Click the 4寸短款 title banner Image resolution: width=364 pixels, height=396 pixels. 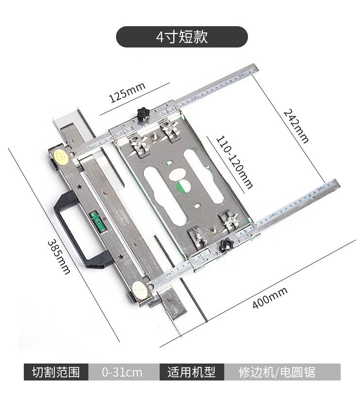[182, 37]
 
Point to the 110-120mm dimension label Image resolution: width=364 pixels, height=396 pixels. [235, 162]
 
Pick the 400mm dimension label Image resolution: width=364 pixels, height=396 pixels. [270, 298]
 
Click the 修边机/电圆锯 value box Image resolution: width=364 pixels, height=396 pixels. [277, 372]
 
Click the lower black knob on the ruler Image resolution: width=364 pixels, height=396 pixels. [224, 245]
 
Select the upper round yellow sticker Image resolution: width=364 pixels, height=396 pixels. [61, 156]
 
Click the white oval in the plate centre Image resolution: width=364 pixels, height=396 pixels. [178, 173]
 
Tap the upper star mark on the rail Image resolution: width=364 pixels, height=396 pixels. [79, 187]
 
